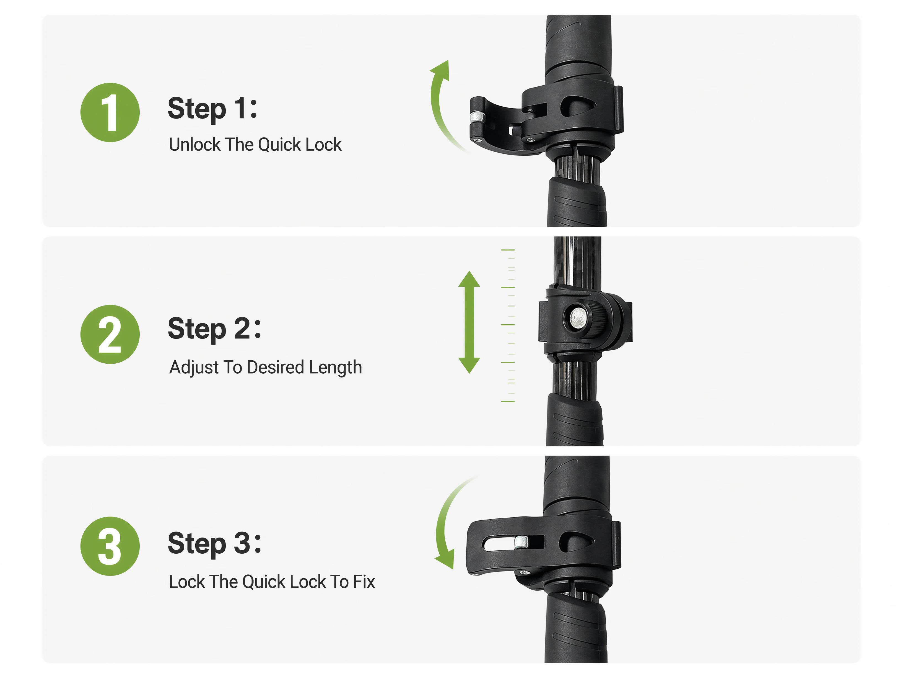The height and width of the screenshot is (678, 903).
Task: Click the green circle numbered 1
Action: tap(110, 112)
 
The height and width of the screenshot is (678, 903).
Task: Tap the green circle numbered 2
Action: tap(110, 334)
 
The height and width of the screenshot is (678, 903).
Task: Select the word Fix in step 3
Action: tap(364, 582)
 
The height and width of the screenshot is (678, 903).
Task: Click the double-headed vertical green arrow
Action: tap(469, 322)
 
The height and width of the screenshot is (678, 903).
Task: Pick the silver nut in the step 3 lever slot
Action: tap(521, 542)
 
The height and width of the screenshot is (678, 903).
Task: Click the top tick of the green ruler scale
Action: tap(508, 250)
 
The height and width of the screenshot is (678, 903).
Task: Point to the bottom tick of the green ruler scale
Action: tap(508, 401)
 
